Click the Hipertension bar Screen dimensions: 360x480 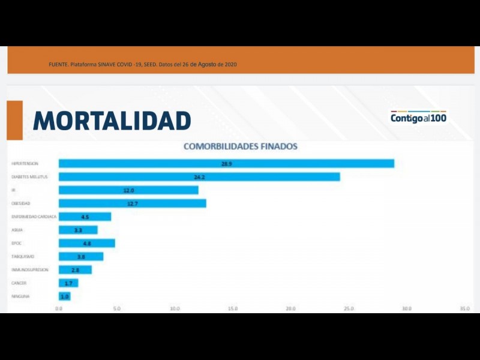(x=226, y=163)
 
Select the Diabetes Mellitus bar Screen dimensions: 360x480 (x=199, y=177)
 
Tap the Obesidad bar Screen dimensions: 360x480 (x=133, y=203)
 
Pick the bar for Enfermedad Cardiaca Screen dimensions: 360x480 (x=85, y=217)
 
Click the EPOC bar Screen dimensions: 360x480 (x=86, y=243)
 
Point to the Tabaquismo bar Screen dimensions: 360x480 (x=81, y=256)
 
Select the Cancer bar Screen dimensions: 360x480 (x=68, y=283)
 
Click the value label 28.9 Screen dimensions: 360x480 (x=226, y=163)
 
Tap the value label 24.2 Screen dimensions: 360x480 (x=200, y=177)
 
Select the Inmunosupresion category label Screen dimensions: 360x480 (x=29, y=270)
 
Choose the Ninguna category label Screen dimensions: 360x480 (x=20, y=296)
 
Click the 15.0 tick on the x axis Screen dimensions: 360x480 (x=233, y=308)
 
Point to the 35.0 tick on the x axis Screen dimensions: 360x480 (x=464, y=308)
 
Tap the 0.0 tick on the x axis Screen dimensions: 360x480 (x=59, y=308)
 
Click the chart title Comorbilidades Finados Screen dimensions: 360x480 (x=240, y=146)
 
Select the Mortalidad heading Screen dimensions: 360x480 (x=112, y=121)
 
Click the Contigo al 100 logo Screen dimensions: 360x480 (x=418, y=116)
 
